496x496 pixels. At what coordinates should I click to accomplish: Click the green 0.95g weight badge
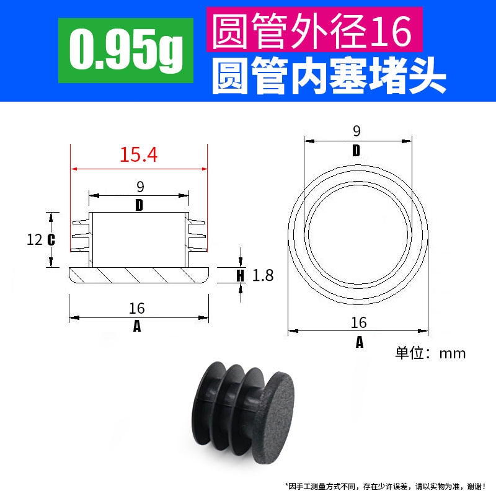coord(126,50)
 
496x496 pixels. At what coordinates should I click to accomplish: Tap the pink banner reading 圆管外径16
coord(314,29)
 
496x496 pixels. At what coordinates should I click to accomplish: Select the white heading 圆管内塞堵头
coord(329,76)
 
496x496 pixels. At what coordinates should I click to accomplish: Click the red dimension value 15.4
coord(138,154)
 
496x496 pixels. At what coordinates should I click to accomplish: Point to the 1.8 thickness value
coord(263,275)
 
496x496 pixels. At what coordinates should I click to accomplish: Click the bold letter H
coord(241,275)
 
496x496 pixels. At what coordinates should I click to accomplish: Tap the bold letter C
coord(51,240)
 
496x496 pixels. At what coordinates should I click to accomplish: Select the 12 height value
coord(35,240)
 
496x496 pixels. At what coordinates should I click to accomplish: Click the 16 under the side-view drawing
coord(137,308)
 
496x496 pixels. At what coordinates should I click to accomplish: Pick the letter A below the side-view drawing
coord(137,326)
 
